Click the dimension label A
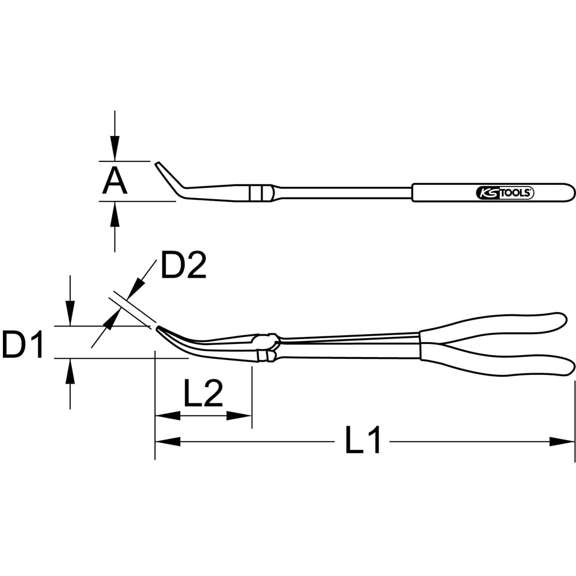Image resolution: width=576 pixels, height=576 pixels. click(x=115, y=181)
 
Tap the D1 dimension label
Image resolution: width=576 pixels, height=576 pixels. click(x=23, y=344)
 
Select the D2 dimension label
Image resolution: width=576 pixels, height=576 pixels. click(x=184, y=265)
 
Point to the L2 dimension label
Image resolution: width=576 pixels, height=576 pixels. click(x=203, y=393)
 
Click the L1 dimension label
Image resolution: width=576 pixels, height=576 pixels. click(x=363, y=439)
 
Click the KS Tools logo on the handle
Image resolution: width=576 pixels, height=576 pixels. click(x=505, y=192)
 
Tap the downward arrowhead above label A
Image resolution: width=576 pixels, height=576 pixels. click(x=115, y=148)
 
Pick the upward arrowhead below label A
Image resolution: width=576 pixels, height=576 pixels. click(x=115, y=214)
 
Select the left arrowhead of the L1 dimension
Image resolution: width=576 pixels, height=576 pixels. click(x=168, y=441)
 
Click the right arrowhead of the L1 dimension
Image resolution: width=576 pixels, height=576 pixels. click(x=562, y=441)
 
